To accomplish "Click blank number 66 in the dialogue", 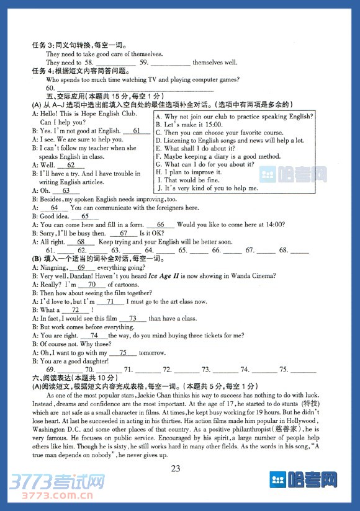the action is click(x=161, y=224).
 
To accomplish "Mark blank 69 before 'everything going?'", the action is click(x=81, y=267).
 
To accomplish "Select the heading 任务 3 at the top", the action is click(x=43, y=45).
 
